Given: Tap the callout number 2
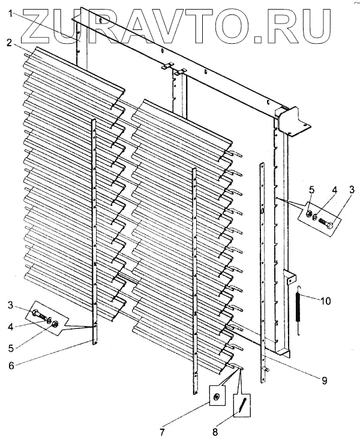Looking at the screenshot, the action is [x=10, y=43].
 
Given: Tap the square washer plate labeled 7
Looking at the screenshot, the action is [x=215, y=397].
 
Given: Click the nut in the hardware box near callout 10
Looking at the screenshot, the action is [x=308, y=214].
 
